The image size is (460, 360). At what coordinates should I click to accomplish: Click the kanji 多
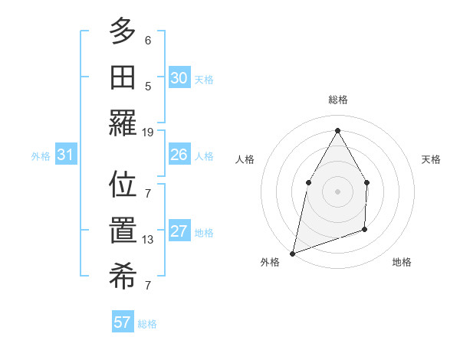pos(123,32)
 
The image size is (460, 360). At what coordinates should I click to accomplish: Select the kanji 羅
pos(123,123)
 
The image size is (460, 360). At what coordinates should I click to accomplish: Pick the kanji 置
pos(123,231)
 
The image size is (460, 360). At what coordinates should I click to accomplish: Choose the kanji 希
pos(123,277)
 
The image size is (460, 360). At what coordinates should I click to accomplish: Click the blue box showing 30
pos(179,78)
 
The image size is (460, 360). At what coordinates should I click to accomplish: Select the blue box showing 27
pos(179,232)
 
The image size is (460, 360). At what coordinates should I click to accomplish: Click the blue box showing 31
pos(65,155)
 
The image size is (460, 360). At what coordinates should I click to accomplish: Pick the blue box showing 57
pos(123,322)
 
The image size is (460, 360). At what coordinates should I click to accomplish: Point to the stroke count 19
pos(148,133)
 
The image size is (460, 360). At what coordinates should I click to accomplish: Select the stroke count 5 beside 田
pos(148,86)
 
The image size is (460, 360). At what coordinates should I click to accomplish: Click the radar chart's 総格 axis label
pos(337,100)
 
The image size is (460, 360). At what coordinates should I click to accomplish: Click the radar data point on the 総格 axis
pos(337,129)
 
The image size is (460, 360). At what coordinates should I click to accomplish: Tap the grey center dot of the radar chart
pos(337,191)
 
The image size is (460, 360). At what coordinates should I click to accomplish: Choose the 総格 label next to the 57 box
pos(147,324)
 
